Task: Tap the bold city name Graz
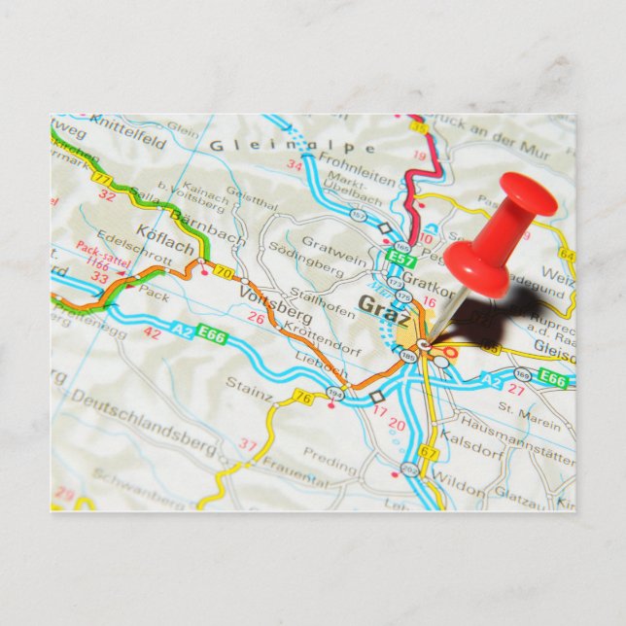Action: click(383, 305)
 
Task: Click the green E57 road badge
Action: click(399, 258)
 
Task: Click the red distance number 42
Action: click(153, 332)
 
